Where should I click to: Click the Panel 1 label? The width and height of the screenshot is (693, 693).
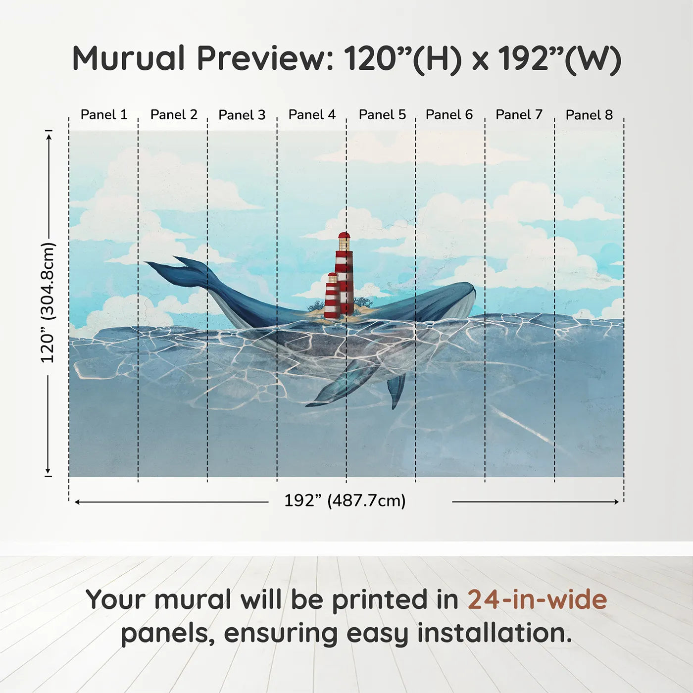[x=104, y=115]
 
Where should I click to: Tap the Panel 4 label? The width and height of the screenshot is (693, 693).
[x=312, y=115]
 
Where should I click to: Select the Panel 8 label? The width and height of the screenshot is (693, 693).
[x=589, y=115]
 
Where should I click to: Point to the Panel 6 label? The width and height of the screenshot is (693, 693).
[x=449, y=115]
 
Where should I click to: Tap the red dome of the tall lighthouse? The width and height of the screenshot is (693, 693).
[x=344, y=236]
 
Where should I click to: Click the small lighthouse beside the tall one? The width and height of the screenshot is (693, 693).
[x=332, y=296]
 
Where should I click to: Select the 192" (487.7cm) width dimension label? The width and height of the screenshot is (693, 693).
[x=345, y=500]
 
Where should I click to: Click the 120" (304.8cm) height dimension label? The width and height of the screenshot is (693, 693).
[x=48, y=302]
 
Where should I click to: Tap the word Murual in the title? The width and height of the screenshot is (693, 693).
[x=129, y=58]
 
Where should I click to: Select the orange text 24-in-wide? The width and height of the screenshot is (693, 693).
[x=537, y=599]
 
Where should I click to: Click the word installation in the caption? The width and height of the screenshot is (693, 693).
[x=495, y=633]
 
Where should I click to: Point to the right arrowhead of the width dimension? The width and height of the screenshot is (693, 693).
[x=616, y=501]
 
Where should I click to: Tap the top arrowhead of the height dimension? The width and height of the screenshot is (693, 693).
[x=49, y=136]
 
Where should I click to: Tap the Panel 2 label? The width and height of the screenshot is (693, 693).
[x=174, y=115]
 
